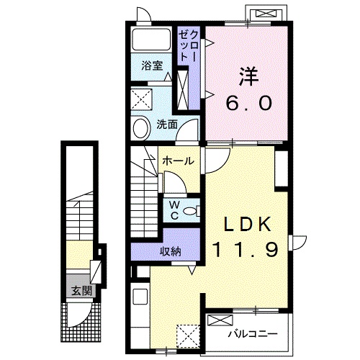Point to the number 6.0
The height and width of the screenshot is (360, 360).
click(248, 103)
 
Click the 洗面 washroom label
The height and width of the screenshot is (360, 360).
click(167, 124)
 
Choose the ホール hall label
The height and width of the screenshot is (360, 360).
click(176, 161)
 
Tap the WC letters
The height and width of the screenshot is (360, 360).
click(174, 210)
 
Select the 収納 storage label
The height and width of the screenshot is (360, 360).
click(171, 251)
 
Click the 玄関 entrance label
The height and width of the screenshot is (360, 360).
click(81, 291)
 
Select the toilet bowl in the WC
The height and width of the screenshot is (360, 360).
click(192, 210)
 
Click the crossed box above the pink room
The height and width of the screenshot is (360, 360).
click(266, 13)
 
